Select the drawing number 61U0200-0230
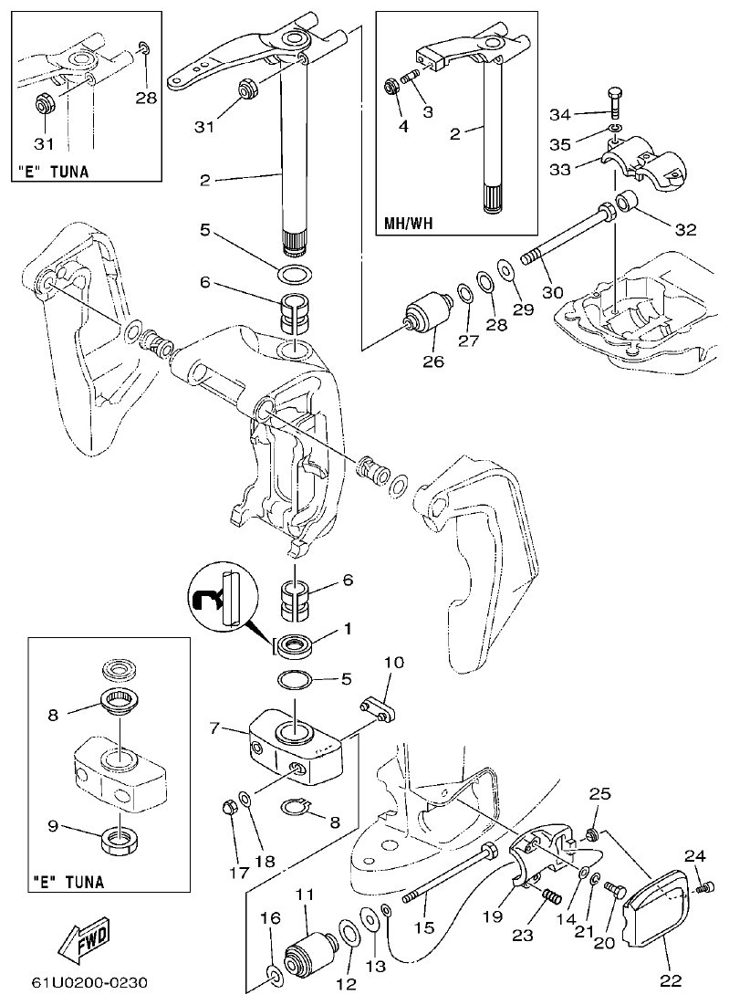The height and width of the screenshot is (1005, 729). click(x=89, y=983)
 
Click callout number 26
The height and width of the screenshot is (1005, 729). click(x=432, y=362)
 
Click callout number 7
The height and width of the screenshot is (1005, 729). click(x=215, y=728)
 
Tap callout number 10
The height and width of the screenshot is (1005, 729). click(x=393, y=661)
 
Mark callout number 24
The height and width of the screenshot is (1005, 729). click(x=695, y=855)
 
